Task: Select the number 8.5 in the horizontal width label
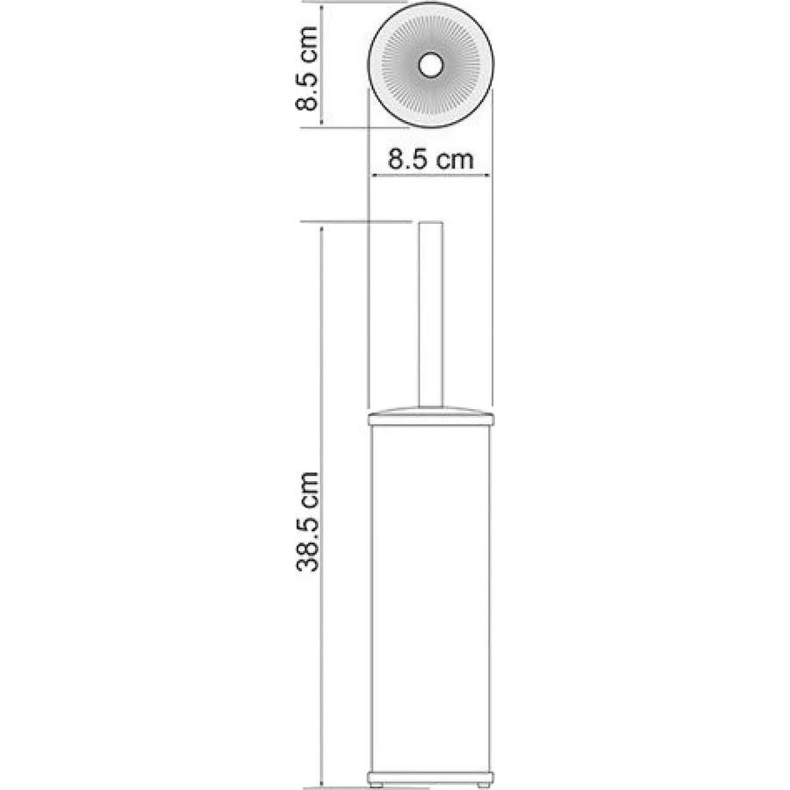point(406,160)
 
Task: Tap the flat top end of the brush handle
point(430,222)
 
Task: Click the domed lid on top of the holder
point(430,412)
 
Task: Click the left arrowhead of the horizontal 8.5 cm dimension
point(373,176)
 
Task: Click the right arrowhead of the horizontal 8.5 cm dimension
point(487,176)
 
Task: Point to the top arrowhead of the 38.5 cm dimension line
point(323,226)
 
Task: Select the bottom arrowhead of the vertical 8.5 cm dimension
point(323,123)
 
